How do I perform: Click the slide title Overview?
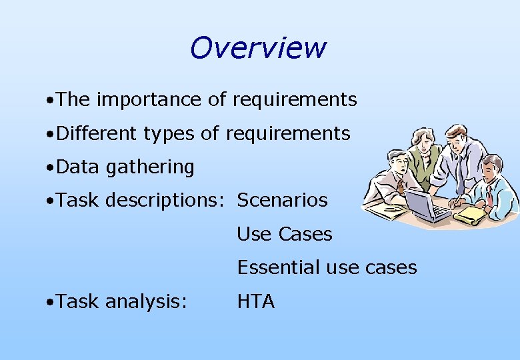257,48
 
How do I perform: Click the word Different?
97,133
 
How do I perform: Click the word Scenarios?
283,200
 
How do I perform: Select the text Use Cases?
285,234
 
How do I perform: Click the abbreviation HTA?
256,301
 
